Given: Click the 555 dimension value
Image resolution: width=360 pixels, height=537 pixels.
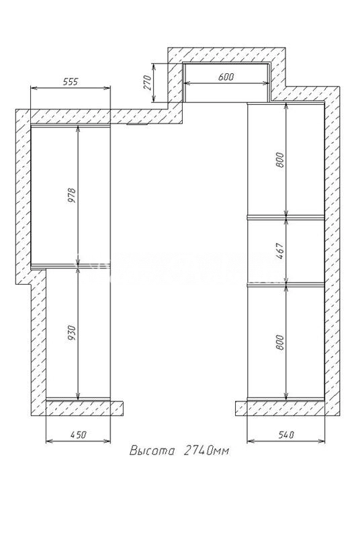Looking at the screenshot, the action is tap(71, 81).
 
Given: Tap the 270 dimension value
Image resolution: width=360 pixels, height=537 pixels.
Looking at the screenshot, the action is tap(147, 82).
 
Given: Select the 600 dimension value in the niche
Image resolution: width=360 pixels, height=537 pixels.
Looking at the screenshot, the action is tap(226, 77).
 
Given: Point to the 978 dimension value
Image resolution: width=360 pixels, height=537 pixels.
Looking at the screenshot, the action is tap(73, 195).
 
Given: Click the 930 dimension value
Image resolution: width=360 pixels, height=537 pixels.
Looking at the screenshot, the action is tap(72, 333).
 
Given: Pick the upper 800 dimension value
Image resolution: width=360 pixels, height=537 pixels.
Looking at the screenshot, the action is tap(280, 160).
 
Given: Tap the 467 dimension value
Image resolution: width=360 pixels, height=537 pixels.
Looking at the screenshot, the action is tap(280, 251).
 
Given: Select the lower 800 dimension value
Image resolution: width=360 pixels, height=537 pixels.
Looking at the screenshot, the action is tap(280, 342).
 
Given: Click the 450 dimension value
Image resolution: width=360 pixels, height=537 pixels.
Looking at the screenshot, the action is tap(79, 434).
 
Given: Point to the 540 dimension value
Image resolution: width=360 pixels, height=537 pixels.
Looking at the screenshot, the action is tap(286, 434).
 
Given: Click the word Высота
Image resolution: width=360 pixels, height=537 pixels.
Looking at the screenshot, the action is tap(152, 450).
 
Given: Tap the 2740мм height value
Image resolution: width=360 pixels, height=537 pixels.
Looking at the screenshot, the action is tap(206, 450).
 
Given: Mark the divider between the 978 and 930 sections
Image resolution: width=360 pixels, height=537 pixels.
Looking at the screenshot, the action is tap(71, 265).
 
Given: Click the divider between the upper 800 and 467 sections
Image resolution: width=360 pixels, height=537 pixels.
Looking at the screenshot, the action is tap(285, 216).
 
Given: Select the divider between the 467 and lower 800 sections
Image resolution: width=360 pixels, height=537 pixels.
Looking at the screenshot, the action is tap(285, 284).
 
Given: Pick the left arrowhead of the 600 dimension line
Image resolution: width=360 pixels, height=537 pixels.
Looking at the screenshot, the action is tap(187, 83).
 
